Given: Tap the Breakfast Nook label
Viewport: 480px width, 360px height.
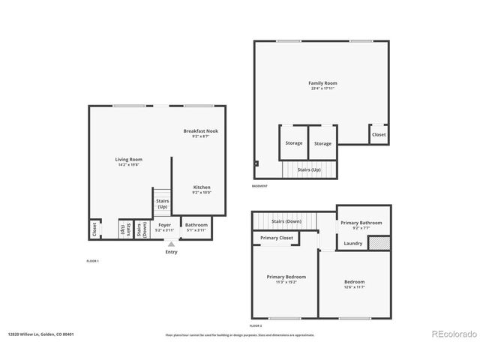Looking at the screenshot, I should click(200, 131).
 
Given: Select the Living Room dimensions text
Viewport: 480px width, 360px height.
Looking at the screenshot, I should click(128, 165).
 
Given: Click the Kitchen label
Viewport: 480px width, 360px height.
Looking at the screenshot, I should click(202, 187).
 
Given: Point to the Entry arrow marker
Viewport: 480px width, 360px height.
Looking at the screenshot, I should click(172, 244).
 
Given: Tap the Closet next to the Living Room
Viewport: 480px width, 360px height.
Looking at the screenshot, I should click(94, 228).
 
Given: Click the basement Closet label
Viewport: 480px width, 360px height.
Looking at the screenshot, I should click(379, 135).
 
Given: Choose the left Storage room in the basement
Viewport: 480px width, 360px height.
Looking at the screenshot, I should click(294, 143).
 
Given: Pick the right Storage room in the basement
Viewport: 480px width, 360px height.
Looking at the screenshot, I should click(322, 143).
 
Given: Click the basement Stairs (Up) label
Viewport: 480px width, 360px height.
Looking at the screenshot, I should click(309, 169).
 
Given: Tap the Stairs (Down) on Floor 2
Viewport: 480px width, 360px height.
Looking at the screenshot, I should click(286, 221).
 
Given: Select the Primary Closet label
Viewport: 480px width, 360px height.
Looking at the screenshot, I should click(276, 238).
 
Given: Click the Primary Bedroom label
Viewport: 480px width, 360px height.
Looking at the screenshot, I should click(286, 277).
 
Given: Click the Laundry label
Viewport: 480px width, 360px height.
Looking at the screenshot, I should click(353, 243).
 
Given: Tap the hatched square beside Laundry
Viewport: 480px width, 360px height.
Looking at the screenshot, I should click(381, 243).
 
